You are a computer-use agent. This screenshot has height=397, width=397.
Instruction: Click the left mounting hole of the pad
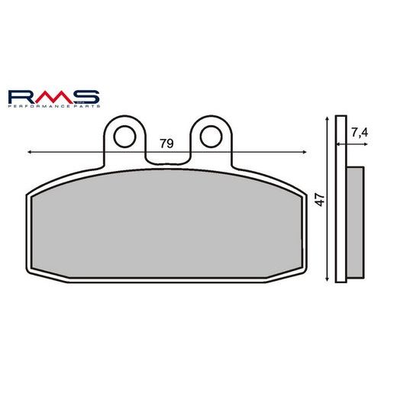pos(124,136)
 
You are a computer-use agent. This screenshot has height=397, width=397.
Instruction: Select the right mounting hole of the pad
pos(209,136)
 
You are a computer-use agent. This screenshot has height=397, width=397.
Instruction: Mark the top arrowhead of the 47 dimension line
pos(327,121)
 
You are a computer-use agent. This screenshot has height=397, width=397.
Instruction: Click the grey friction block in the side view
pos(356,221)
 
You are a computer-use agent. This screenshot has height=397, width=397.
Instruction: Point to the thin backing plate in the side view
pos(341,200)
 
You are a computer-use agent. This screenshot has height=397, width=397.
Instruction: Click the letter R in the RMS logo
pos(22,97)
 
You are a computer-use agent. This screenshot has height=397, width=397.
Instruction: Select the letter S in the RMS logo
pos(85,97)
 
